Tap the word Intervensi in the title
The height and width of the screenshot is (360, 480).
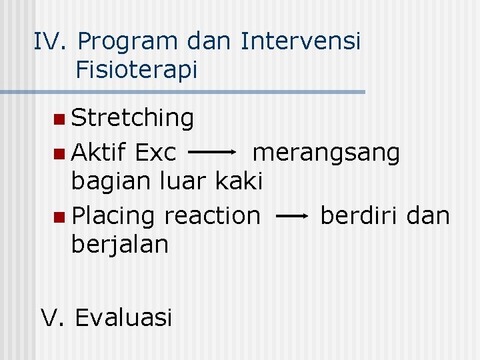click(x=301, y=41)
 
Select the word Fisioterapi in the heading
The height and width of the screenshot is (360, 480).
click(x=137, y=69)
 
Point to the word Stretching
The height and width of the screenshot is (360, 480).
click(x=133, y=119)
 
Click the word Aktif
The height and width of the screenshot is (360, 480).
click(x=99, y=153)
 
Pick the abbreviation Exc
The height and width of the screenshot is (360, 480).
click(x=155, y=153)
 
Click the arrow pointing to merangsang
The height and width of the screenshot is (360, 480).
click(x=213, y=152)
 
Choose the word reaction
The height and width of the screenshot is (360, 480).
click(x=212, y=215)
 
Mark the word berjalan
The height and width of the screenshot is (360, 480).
click(x=120, y=245)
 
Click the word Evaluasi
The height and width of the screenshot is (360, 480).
click(x=123, y=317)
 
